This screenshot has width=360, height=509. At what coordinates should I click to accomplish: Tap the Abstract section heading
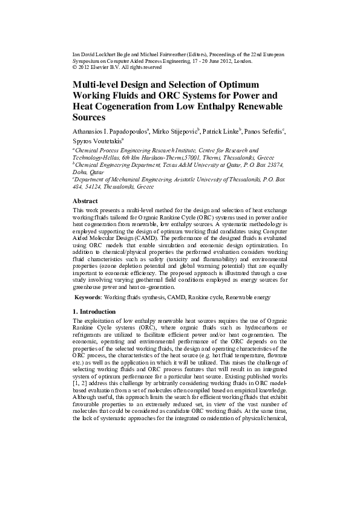[x=85, y=200]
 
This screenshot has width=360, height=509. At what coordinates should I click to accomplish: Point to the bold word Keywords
[x=88, y=298]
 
